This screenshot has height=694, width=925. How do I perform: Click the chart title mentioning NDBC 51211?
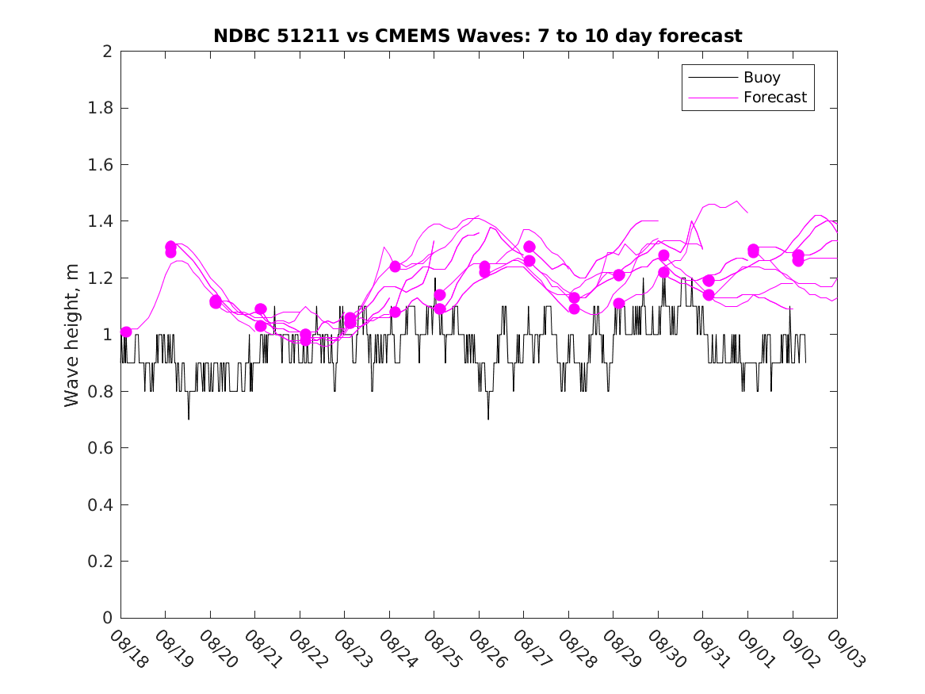478,36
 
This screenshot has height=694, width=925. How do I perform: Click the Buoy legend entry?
762,78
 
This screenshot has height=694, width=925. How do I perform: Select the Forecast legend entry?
774,98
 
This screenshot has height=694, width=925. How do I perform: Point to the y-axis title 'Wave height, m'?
72,335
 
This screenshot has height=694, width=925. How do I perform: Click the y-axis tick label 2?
106,52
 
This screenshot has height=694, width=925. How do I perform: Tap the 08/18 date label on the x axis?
129,649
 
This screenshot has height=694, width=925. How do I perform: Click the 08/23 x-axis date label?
353,649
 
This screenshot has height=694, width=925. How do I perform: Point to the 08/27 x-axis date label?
532,649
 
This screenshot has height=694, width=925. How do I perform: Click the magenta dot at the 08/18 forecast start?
126,332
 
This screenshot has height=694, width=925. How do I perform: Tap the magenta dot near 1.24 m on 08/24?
395,266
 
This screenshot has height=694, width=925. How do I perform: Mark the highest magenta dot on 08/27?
529,247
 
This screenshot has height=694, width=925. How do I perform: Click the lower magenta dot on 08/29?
619,303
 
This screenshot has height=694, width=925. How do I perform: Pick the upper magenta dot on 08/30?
663,255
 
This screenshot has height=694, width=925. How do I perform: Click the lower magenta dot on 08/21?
260,326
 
